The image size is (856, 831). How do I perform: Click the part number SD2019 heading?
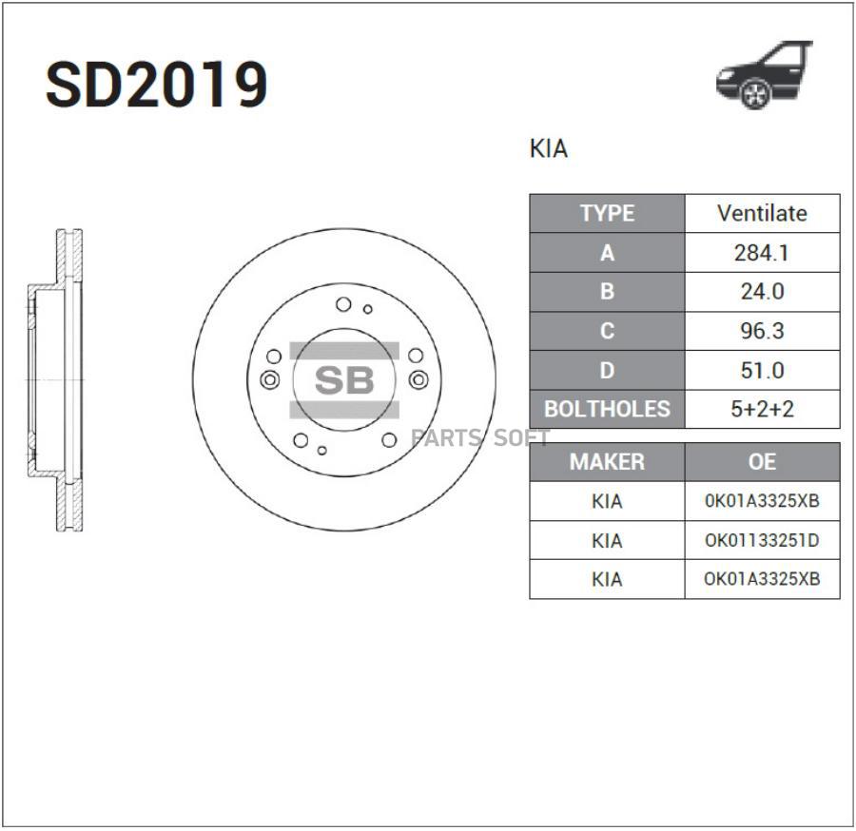157,86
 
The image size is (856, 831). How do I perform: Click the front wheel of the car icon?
755,94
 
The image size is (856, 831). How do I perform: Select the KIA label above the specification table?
549,148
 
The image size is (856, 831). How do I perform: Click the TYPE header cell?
607,213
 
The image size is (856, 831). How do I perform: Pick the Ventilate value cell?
762,213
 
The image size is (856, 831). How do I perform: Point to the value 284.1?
762,253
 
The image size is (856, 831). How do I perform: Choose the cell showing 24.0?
762,292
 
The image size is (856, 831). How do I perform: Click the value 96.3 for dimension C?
762,331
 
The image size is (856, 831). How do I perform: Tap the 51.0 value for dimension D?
762,371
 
